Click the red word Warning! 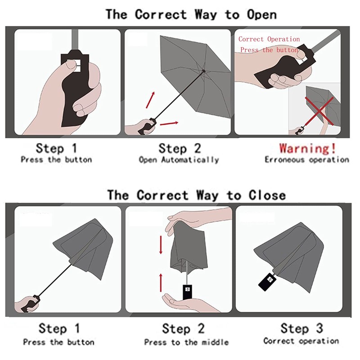[x=308, y=148]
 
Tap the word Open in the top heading [x=262, y=15]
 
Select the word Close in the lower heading [x=267, y=195]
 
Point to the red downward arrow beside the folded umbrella [x=161, y=245]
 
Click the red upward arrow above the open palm [x=161, y=283]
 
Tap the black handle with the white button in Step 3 [x=267, y=282]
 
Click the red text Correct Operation [x=269, y=39]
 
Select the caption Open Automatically [x=179, y=160]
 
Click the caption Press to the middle [x=186, y=342]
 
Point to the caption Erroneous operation [x=307, y=159]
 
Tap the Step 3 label [x=301, y=328]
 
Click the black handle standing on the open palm [x=187, y=292]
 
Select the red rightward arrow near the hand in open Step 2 [x=169, y=123]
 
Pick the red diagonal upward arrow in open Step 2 [x=150, y=100]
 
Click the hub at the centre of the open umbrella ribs [x=203, y=71]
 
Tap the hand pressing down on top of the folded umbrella [x=198, y=219]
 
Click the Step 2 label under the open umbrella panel [x=180, y=148]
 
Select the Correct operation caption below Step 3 [x=301, y=341]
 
